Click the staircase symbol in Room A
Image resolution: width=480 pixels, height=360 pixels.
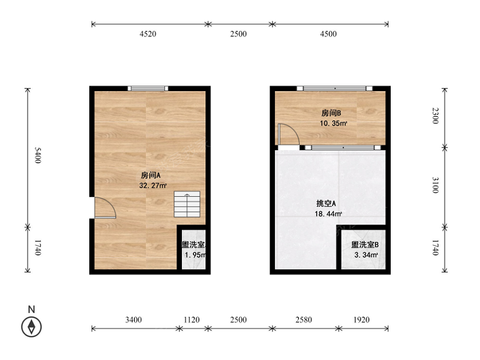click(x=187, y=204)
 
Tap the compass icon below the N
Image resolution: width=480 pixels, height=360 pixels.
click(x=31, y=327)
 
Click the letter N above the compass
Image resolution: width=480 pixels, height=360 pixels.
click(x=31, y=310)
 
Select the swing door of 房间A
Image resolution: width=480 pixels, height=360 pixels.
click(x=105, y=208)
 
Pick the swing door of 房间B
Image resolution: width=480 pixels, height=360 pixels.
click(x=288, y=134)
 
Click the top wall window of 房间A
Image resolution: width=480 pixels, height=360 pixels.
click(x=148, y=88)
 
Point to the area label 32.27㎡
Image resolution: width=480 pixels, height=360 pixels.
click(x=153, y=185)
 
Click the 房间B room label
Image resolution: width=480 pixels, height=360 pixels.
click(x=331, y=113)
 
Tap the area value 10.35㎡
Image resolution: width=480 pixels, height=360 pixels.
click(x=334, y=123)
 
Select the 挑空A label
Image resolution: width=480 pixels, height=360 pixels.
click(x=326, y=204)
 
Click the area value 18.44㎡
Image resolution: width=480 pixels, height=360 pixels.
click(x=328, y=214)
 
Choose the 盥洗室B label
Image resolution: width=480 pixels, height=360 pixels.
click(x=365, y=245)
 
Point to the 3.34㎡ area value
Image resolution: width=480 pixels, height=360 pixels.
click(x=366, y=255)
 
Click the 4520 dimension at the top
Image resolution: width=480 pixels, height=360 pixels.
click(x=148, y=34)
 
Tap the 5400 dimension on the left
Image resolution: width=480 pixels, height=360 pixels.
click(x=37, y=156)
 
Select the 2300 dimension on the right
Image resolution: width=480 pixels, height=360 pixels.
click(x=435, y=116)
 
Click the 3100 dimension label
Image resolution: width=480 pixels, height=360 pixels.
click(x=435, y=185)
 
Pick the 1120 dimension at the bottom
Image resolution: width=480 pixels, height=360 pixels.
click(x=192, y=320)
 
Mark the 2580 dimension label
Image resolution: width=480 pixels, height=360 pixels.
click(x=304, y=320)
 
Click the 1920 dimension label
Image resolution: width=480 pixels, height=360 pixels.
click(x=361, y=320)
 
